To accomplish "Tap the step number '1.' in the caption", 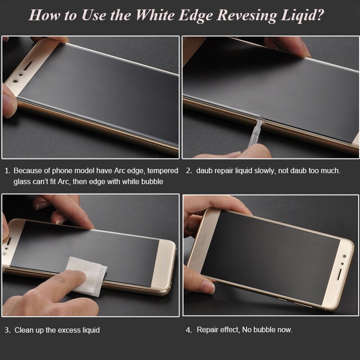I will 7,171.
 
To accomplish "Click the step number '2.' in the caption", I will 189,171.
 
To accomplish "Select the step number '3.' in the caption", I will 7,330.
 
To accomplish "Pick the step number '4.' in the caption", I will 189,330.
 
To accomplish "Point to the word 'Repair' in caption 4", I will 207,330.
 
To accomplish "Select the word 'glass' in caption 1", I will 22,181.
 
